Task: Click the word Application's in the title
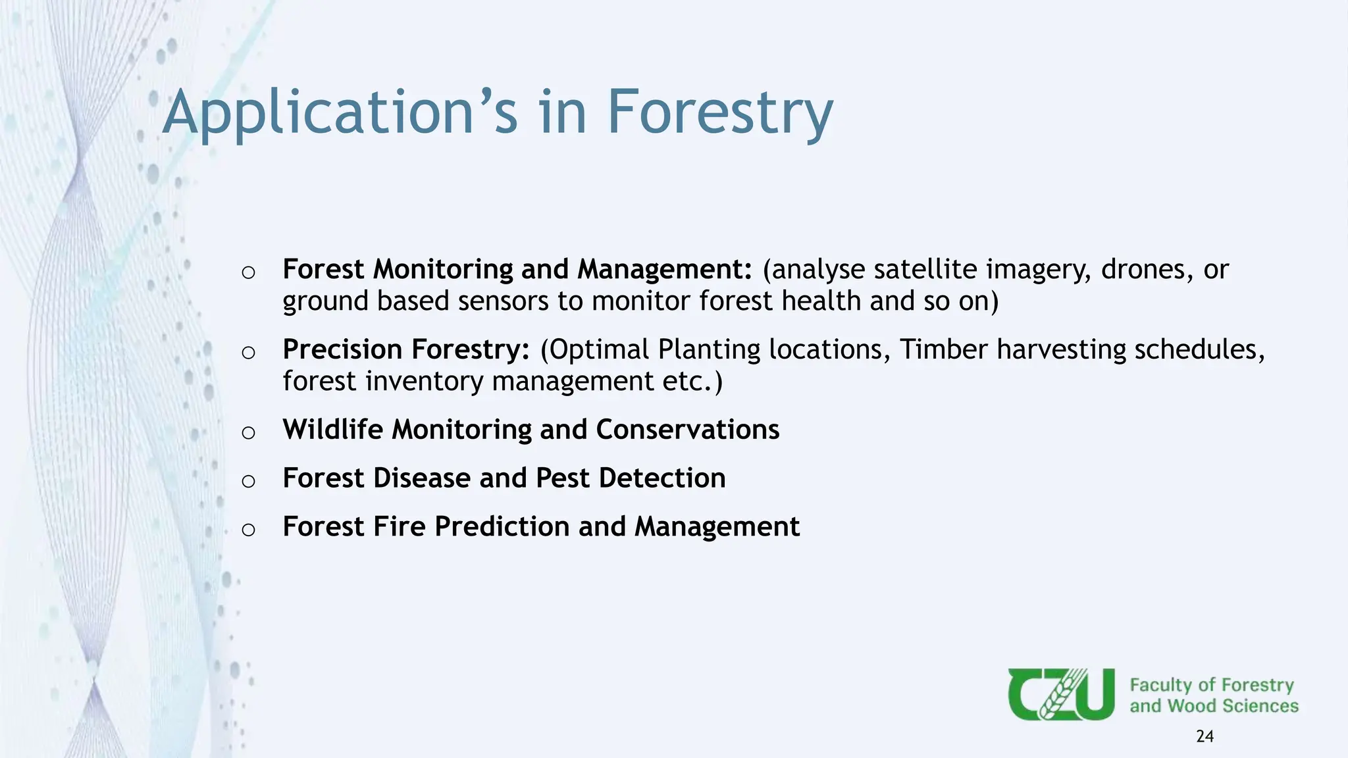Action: (340, 113)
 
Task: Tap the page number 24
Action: (1205, 736)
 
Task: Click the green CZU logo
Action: (1060, 694)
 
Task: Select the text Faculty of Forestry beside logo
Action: (1211, 685)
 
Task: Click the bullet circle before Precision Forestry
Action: (248, 353)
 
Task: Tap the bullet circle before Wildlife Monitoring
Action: (248, 432)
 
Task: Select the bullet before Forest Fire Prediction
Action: (248, 530)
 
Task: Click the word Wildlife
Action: (332, 430)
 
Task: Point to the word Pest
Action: (562, 478)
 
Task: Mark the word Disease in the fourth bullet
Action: (422, 478)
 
